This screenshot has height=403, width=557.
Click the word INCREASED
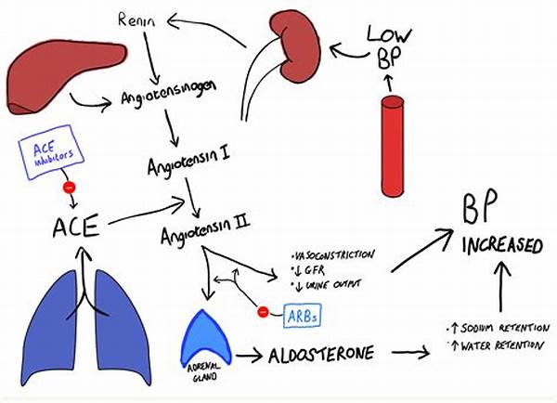[x=504, y=247]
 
